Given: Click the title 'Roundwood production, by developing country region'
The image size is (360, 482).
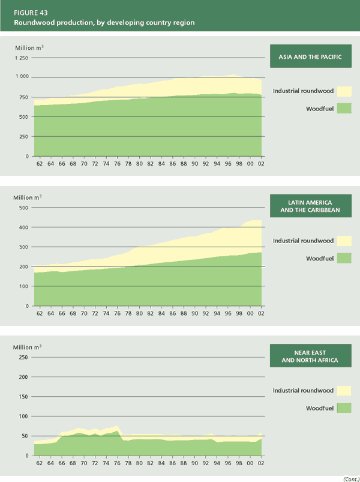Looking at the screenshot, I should pyautogui.click(x=104, y=22).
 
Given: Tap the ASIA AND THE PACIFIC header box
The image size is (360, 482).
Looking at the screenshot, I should pyautogui.click(x=310, y=57).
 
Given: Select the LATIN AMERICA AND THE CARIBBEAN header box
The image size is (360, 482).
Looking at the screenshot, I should pyautogui.click(x=310, y=206).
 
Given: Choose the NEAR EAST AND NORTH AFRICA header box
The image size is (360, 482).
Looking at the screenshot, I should pyautogui.click(x=310, y=356).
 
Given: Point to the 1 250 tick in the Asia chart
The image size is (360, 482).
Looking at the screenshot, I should pyautogui.click(x=21, y=58).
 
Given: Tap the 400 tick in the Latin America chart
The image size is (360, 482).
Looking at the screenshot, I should pyautogui.click(x=23, y=227).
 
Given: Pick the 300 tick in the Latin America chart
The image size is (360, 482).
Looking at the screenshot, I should pyautogui.click(x=23, y=247).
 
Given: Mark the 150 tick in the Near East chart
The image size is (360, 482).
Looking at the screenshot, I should pyautogui.click(x=23, y=397).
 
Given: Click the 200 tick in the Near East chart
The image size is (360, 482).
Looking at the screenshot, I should pyautogui.click(x=23, y=377).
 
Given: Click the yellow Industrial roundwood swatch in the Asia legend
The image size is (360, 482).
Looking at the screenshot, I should pyautogui.click(x=344, y=91).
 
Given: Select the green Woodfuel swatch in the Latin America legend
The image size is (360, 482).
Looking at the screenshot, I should pyautogui.click(x=344, y=258).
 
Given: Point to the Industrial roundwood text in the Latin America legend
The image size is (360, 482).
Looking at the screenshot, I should pyautogui.click(x=303, y=241).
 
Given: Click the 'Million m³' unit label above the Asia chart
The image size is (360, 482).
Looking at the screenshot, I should pyautogui.click(x=29, y=46).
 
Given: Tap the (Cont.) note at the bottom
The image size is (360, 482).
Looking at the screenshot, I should pyautogui.click(x=350, y=478).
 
